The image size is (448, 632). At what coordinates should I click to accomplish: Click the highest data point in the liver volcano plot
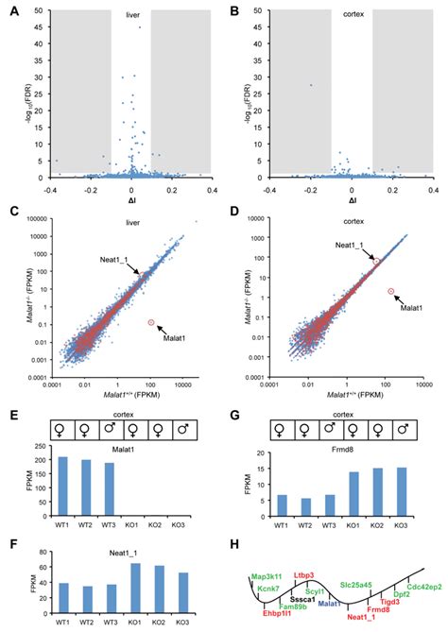139,26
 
